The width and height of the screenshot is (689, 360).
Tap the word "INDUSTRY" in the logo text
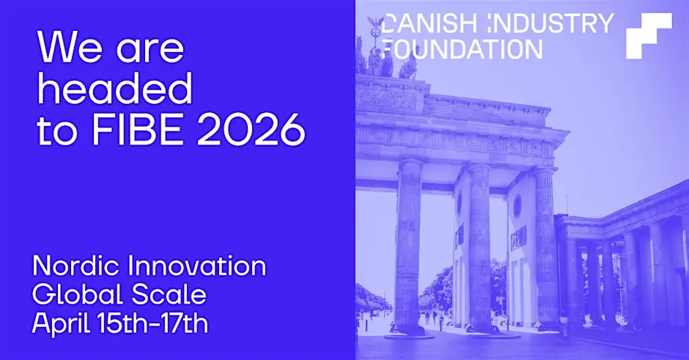pos(550,23)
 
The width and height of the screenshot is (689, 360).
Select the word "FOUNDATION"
pos(463,48)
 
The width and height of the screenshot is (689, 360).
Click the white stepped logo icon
pos(649,35)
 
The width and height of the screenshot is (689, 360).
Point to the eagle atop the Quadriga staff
pos(375,23)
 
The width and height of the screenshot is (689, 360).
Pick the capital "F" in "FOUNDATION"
pos(388,48)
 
